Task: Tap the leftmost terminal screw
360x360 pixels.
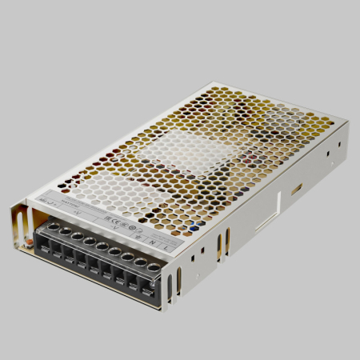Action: pyautogui.click(x=53, y=227)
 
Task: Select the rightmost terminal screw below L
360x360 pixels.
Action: pyautogui.click(x=154, y=267)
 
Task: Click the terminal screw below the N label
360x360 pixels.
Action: pyautogui.click(x=141, y=262)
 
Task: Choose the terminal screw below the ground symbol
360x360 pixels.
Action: pyautogui.click(x=128, y=257)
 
